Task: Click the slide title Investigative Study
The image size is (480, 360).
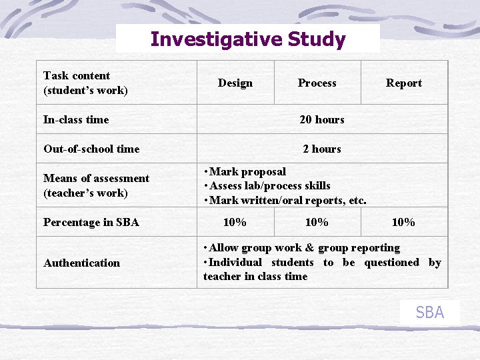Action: (248, 39)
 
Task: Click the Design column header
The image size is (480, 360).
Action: (235, 83)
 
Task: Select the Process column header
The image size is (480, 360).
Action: (317, 83)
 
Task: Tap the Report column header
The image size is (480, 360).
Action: (404, 83)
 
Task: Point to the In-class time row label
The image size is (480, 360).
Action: (76, 120)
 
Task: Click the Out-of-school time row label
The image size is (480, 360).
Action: (91, 149)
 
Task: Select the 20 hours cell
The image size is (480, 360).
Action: (322, 120)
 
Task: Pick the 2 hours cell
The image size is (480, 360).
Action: (322, 149)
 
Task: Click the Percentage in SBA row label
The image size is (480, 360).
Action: (91, 223)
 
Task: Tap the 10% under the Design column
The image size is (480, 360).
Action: (235, 223)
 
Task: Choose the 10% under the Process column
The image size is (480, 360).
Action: (317, 223)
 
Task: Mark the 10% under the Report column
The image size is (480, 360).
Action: (403, 223)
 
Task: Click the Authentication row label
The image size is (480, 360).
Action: (82, 263)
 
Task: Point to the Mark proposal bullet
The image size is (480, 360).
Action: (247, 172)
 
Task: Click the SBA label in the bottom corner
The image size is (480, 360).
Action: (429, 312)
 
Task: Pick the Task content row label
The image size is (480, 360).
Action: (85, 83)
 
